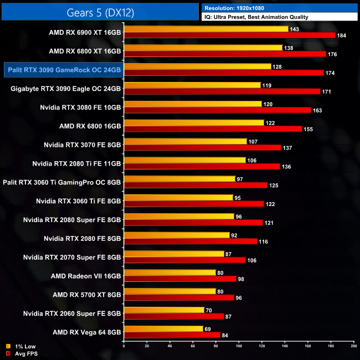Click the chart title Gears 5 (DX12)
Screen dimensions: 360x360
100,12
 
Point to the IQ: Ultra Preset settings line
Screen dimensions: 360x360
256,17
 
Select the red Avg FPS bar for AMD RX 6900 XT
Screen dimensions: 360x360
230,35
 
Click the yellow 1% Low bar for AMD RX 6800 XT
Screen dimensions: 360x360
203,48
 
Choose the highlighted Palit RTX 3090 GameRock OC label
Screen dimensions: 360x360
63,69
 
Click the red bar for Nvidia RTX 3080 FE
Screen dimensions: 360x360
218,110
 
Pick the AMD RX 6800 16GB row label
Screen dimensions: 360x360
90,126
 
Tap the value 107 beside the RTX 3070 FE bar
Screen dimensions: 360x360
253,141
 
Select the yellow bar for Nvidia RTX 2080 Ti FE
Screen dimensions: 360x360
186,160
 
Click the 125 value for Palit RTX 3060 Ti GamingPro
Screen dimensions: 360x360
274,185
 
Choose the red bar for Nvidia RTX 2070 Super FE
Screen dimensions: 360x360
185,260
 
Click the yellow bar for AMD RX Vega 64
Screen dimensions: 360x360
164,328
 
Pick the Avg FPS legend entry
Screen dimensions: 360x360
22,353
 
